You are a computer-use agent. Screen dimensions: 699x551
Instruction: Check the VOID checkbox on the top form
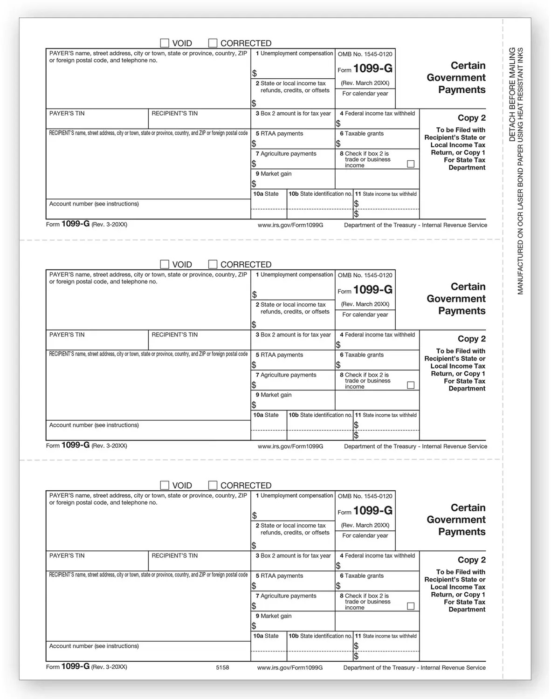click(x=165, y=43)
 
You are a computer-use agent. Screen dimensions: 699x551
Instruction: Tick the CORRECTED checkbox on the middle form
click(x=213, y=264)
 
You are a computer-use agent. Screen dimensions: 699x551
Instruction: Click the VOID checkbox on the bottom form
click(x=165, y=485)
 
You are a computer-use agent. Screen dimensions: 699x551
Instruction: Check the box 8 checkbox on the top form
click(x=411, y=164)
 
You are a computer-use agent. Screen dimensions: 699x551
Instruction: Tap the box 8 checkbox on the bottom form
click(x=411, y=606)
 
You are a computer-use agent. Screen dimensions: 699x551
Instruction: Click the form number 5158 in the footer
click(x=222, y=667)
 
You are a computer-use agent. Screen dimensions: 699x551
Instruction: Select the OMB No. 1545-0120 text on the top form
click(x=365, y=54)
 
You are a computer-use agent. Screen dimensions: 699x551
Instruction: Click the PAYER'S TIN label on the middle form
click(x=67, y=335)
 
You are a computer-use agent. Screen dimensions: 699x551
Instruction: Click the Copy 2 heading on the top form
click(x=471, y=118)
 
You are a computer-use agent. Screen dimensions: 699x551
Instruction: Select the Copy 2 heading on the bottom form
click(x=471, y=560)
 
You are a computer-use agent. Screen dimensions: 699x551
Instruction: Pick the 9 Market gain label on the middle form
click(x=274, y=395)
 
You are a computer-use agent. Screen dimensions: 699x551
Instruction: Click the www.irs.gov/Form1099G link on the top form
click(x=290, y=225)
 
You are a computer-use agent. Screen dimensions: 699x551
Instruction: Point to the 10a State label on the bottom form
click(x=266, y=636)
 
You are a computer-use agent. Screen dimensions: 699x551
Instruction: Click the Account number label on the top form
click(x=94, y=204)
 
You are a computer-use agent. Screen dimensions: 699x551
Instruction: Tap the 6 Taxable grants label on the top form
click(x=362, y=133)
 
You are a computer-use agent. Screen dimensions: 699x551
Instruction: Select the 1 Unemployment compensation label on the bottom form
click(x=294, y=495)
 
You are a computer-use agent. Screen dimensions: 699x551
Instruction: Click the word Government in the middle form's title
click(x=456, y=299)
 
